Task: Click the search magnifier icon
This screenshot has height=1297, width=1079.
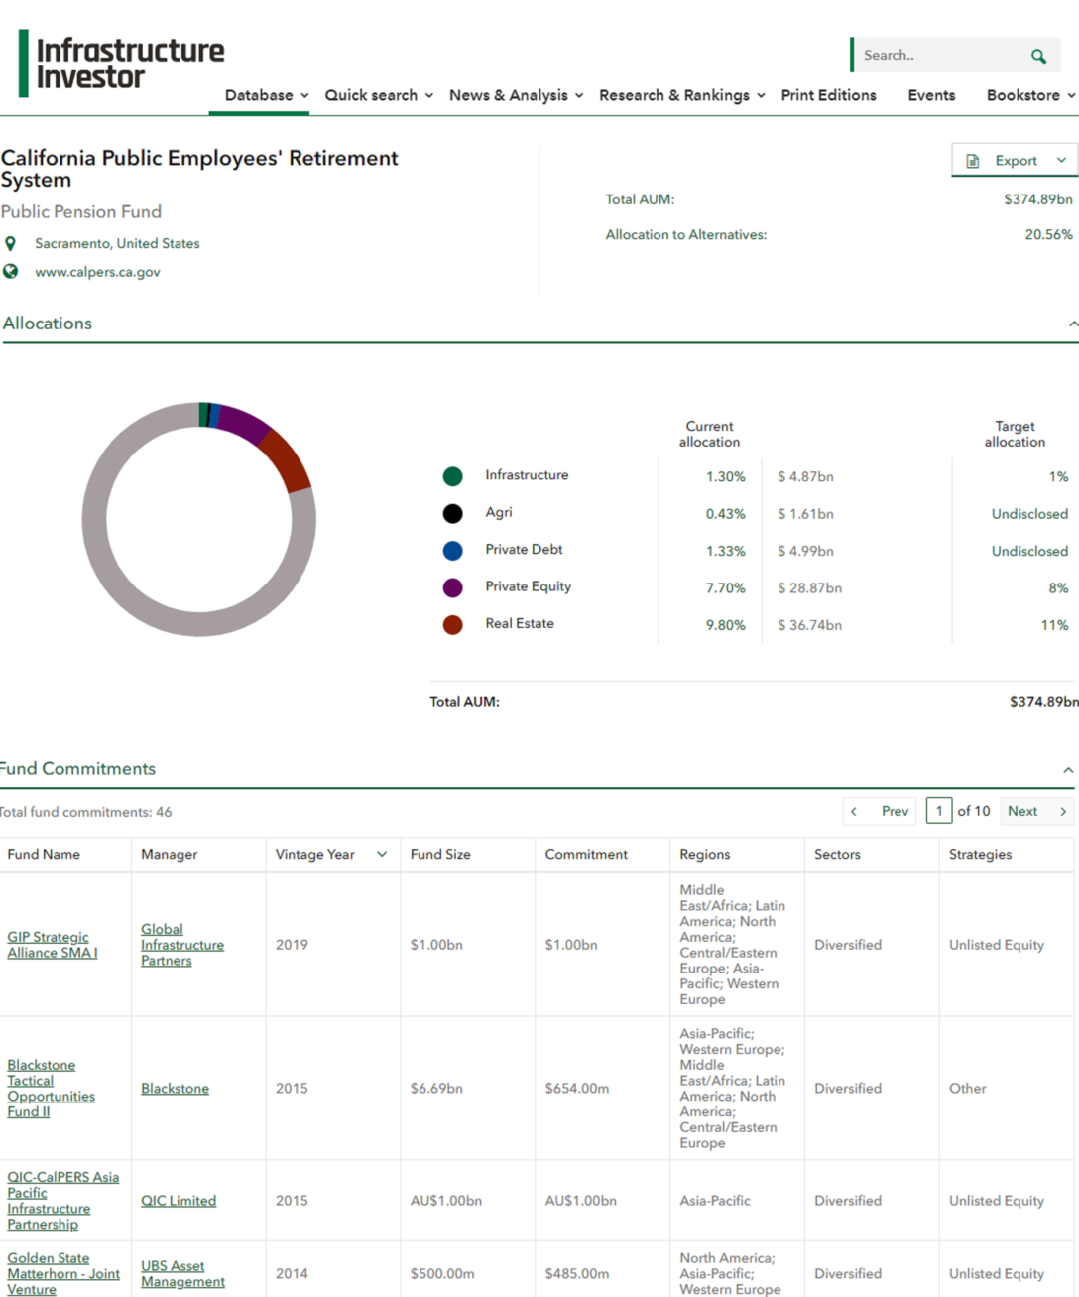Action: point(1037,57)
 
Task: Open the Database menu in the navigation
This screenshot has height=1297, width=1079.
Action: point(266,95)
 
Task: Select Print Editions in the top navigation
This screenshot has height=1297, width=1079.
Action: point(828,95)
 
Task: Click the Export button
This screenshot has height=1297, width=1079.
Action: point(1015,160)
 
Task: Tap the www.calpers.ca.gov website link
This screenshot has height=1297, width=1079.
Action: point(97,272)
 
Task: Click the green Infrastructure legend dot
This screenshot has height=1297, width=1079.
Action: point(452,476)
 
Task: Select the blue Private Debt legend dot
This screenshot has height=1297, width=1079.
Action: point(452,551)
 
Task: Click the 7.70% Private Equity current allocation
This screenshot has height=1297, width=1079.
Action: point(725,588)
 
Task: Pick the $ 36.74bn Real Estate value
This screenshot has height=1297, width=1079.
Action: point(809,625)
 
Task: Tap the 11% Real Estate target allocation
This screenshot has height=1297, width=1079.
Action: point(1054,625)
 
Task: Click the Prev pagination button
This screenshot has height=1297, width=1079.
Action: point(881,811)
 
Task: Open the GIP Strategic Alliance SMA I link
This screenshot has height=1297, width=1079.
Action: point(52,945)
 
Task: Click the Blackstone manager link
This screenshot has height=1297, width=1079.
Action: point(175,1089)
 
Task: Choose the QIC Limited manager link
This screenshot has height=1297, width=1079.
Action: point(179,1201)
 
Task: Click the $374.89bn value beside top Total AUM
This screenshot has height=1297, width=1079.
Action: point(1037,199)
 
